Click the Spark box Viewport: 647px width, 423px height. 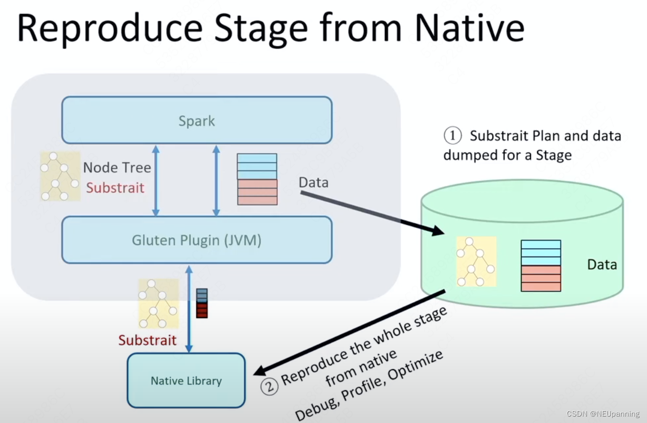tap(196, 120)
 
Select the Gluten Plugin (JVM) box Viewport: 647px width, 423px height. tap(196, 240)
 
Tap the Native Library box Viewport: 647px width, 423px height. tap(186, 380)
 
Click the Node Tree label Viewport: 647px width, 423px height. tap(117, 167)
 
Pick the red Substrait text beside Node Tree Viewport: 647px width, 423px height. tap(115, 188)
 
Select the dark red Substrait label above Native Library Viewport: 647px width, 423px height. tap(147, 340)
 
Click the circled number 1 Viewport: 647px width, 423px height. tap(452, 136)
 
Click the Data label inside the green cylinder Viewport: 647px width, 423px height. tap(602, 264)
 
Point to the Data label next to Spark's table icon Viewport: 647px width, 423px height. tap(313, 182)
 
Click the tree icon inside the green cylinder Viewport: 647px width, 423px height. tap(476, 262)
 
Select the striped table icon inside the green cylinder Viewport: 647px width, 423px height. tap(541, 265)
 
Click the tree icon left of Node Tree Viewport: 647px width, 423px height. tap(60, 176)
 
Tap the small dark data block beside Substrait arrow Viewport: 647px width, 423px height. tap(201, 303)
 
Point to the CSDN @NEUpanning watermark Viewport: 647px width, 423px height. tap(603, 414)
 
